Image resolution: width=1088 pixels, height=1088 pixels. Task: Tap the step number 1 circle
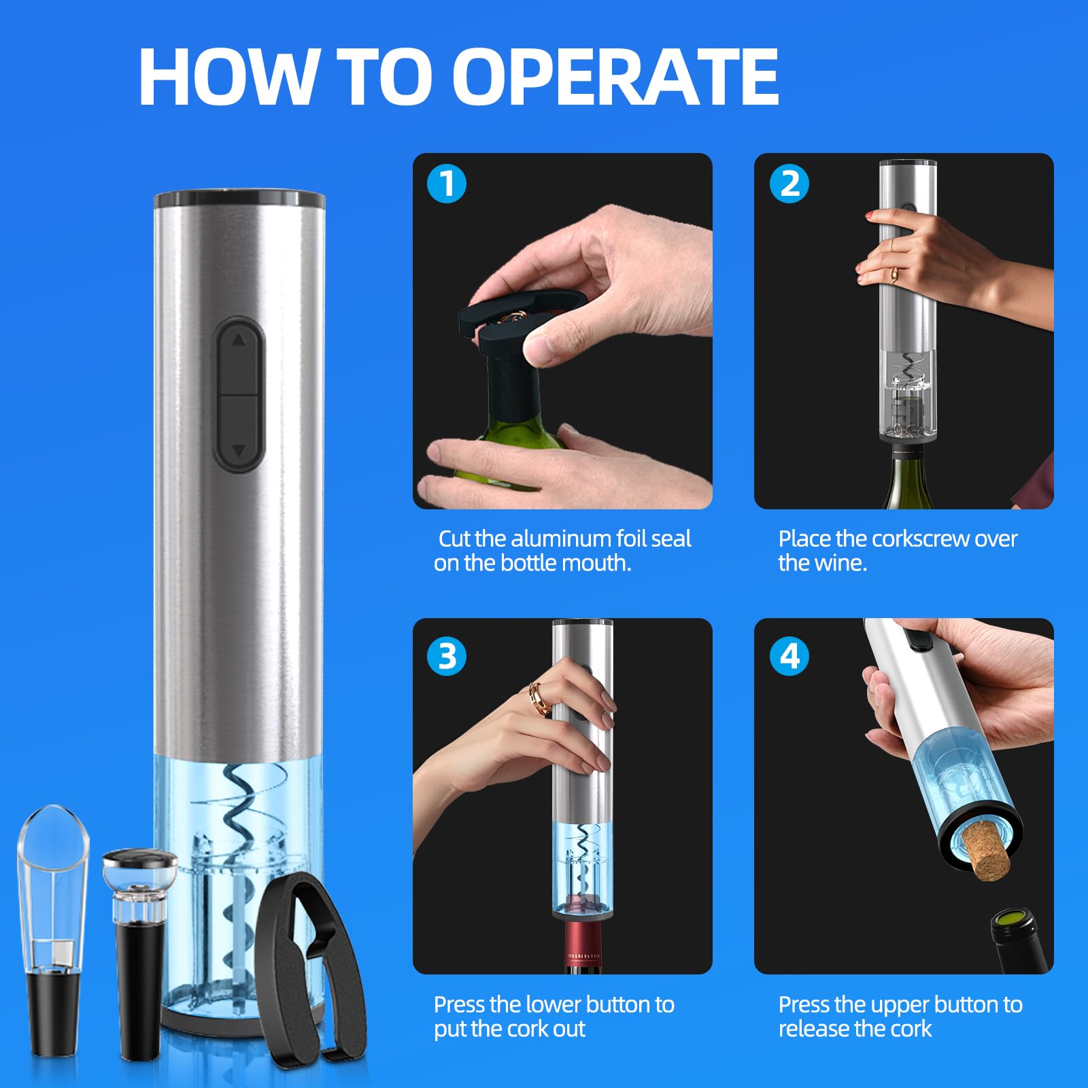click(447, 184)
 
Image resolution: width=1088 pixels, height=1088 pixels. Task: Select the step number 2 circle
click(789, 184)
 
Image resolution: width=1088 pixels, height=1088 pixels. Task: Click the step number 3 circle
click(447, 656)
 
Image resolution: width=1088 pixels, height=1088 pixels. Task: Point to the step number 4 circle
click(789, 656)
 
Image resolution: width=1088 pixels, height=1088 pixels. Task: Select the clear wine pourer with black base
click(52, 932)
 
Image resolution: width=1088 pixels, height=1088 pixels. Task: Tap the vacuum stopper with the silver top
click(139, 945)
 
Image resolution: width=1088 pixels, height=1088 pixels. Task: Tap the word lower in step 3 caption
click(535, 1004)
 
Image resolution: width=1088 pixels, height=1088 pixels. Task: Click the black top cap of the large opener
click(239, 199)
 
